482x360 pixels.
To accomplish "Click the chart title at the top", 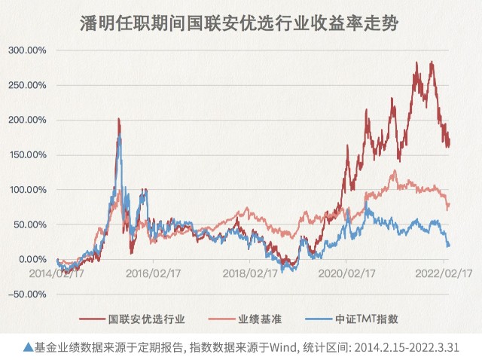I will point(240,23).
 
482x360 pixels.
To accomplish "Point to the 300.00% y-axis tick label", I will point(27,50).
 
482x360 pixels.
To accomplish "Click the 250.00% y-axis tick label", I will point(27,85).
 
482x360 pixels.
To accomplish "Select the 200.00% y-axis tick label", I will point(27,120).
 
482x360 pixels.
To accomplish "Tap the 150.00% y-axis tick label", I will point(27,154).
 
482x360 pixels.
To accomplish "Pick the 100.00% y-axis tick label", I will point(27,189).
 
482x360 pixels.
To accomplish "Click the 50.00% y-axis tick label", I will point(29,224).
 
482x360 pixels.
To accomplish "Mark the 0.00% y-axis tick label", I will point(32,259).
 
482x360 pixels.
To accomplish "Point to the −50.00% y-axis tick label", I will point(27,294).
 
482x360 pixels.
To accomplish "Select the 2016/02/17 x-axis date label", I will point(152,274).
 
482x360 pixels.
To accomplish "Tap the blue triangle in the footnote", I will point(28,347).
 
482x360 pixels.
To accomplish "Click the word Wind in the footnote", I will point(288,348).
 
